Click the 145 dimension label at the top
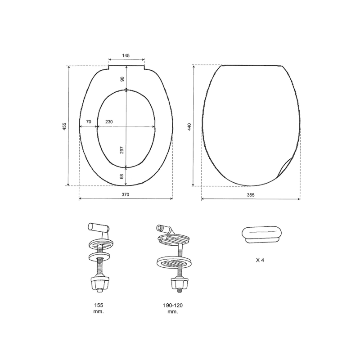coord(126,55)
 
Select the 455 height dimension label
coord(64,126)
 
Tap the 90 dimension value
coord(122,79)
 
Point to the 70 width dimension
coord(89,121)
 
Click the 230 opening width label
coord(109,121)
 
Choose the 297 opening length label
coord(122,150)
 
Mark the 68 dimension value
coord(121,176)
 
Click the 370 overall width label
coord(126,195)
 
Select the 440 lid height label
coord(189,127)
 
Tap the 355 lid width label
coord(251,195)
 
